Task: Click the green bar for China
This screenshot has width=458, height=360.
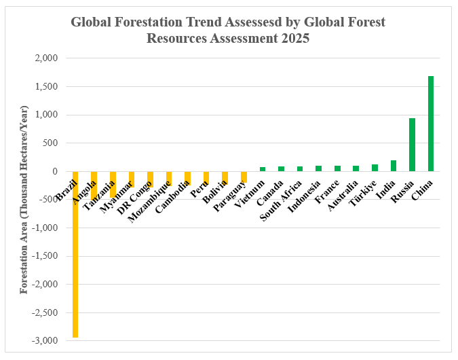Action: click(x=431, y=124)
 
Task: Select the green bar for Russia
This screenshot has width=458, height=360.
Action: click(x=412, y=145)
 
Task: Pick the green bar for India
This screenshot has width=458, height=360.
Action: click(x=394, y=166)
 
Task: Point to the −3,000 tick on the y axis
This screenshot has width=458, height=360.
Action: click(x=43, y=341)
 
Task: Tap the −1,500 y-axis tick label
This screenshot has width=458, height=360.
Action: click(x=43, y=256)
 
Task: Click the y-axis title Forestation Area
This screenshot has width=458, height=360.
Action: click(x=24, y=200)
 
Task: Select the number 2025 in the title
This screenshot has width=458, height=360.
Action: click(x=294, y=39)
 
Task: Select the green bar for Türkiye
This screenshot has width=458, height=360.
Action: click(x=375, y=168)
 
